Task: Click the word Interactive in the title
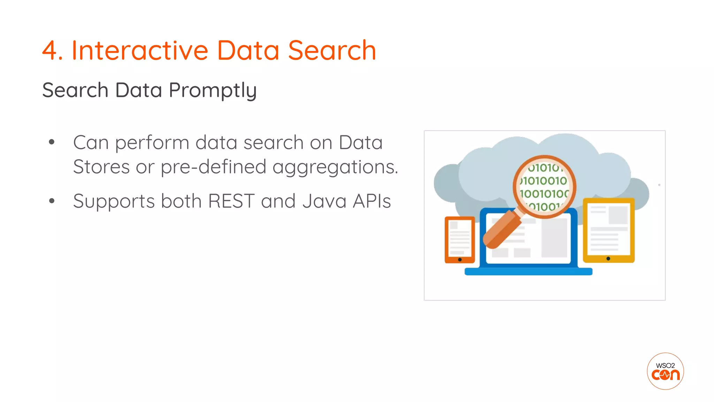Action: click(140, 51)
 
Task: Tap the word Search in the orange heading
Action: click(332, 51)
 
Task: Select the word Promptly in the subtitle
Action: click(213, 90)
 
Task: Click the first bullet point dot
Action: click(52, 142)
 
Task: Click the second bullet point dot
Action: click(52, 201)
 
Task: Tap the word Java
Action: click(324, 201)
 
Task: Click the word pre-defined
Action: click(213, 167)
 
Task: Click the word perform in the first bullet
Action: click(152, 143)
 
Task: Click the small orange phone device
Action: click(459, 239)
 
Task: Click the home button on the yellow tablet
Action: click(608, 259)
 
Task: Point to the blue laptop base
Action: click(528, 271)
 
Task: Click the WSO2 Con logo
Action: click(665, 371)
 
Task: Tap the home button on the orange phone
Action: click(460, 260)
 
